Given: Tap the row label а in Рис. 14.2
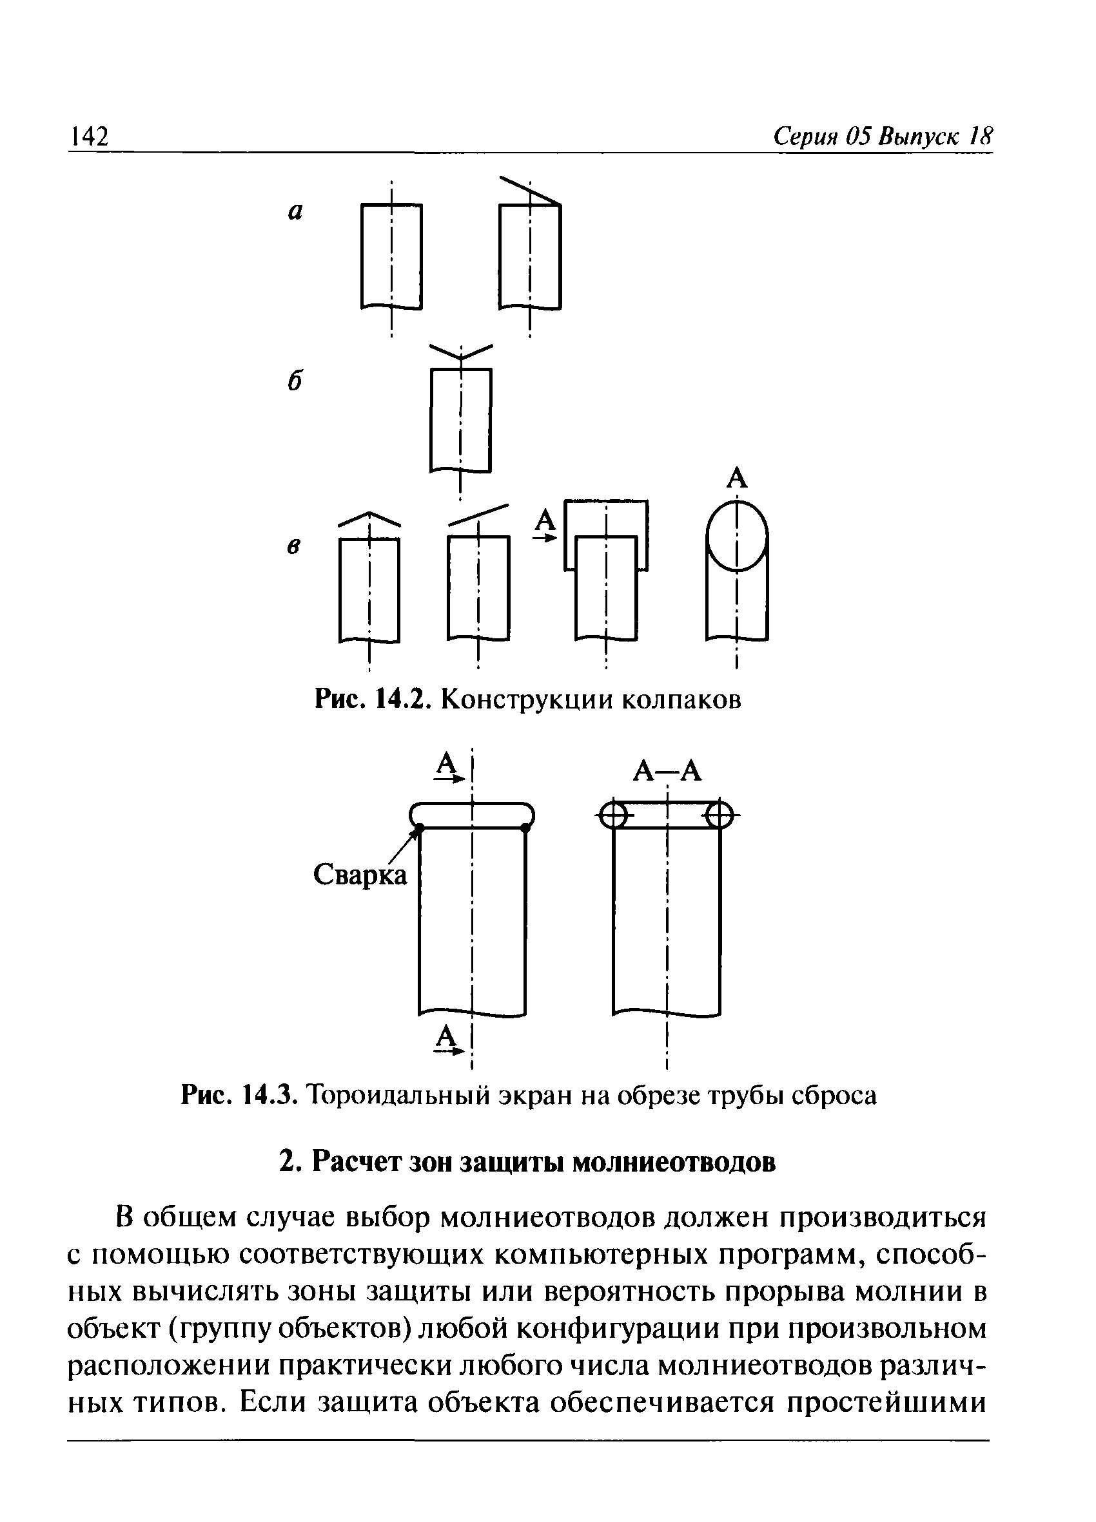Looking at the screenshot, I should point(295,212).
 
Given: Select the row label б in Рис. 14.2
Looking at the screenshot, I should point(294,381).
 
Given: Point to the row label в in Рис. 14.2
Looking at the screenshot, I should point(293,546).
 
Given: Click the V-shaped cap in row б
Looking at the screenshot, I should point(461,352).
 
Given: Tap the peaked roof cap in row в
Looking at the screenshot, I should point(369,518).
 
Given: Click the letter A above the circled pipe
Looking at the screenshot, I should point(737,479).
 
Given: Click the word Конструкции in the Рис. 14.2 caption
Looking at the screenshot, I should point(526,700).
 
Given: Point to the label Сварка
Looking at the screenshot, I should point(360,875).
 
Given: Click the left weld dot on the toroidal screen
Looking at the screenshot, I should point(418,830).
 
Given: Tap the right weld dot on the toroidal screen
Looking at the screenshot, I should point(525,829).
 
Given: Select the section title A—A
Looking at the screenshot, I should point(667,772).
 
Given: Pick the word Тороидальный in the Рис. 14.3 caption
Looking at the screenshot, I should point(404,1094).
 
